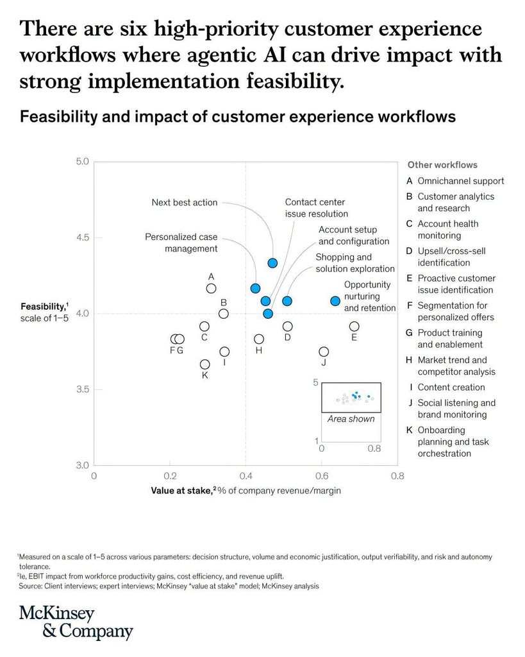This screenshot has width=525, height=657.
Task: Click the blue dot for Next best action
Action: [272, 263]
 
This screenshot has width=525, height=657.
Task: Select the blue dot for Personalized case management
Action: [255, 288]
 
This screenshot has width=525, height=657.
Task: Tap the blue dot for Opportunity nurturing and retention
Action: [335, 301]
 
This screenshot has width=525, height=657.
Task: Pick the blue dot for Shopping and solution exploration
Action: [287, 301]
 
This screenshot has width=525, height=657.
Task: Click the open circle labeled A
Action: [212, 289]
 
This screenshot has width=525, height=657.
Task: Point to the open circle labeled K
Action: [204, 364]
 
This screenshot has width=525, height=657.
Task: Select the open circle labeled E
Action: [354, 327]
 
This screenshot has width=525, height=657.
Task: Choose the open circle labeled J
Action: [324, 352]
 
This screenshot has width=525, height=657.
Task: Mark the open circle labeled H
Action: [259, 339]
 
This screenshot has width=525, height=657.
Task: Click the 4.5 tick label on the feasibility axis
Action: [83, 237]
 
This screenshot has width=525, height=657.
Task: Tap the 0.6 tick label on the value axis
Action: [322, 476]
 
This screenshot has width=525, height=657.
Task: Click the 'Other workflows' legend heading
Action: [442, 165]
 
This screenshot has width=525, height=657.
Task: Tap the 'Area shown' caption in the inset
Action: [351, 418]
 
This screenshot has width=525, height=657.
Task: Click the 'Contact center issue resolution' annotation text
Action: [317, 208]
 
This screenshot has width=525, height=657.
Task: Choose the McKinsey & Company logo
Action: [76, 622]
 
